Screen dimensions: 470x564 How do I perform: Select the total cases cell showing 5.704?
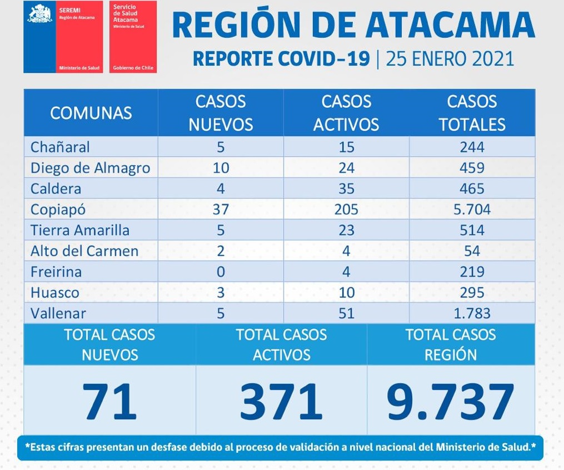click(472, 209)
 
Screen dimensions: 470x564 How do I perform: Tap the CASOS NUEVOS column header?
click(221, 113)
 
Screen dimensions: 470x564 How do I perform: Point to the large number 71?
click(109, 400)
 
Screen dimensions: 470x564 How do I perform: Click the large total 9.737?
click(450, 400)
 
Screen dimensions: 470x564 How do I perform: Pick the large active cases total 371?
click(281, 400)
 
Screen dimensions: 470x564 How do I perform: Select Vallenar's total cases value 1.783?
click(472, 313)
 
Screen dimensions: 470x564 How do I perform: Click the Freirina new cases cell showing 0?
click(221, 271)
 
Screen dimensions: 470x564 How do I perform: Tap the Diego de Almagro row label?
click(91, 167)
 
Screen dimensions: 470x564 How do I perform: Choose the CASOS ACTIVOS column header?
click(346, 113)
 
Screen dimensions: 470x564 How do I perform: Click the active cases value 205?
click(346, 209)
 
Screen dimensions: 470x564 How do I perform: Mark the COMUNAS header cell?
click(91, 113)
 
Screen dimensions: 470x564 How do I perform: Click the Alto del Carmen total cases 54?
click(472, 251)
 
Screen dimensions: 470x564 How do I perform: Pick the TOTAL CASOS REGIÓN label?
click(451, 344)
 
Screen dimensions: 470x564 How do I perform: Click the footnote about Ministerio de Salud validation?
click(280, 447)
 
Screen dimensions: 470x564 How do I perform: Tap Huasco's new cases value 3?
click(221, 293)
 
